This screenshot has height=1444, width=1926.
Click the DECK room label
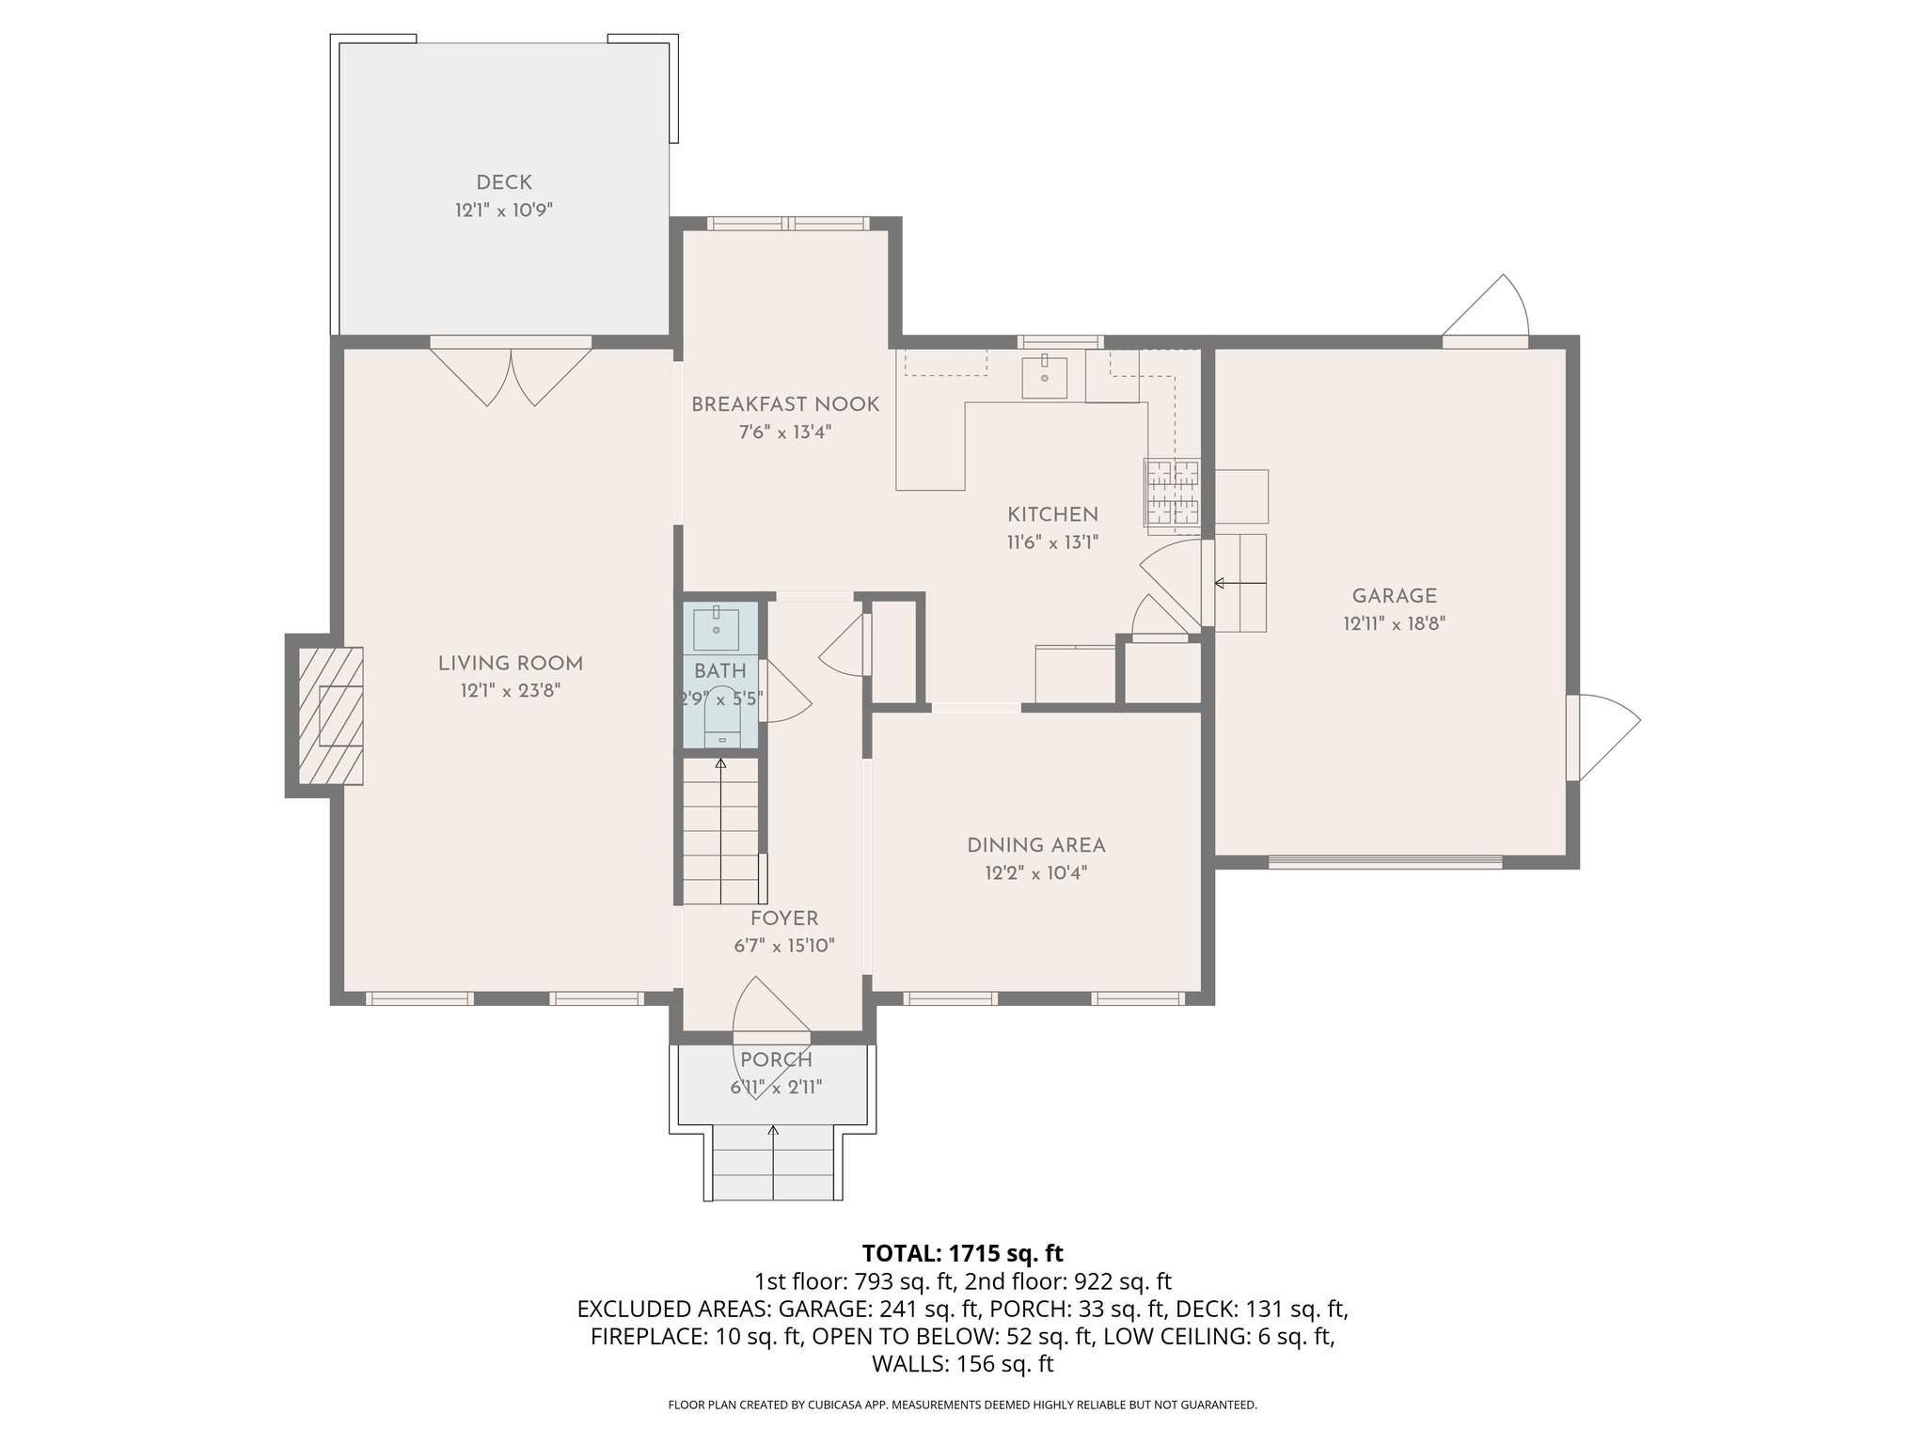point(504,182)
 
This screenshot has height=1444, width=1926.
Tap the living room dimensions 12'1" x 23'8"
point(511,691)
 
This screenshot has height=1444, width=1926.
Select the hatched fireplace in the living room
point(331,715)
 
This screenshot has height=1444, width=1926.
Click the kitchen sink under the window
point(1044,376)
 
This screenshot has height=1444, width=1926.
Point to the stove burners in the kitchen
point(1173,492)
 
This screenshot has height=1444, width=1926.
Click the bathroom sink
point(717,628)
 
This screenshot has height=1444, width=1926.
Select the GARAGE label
point(1394,595)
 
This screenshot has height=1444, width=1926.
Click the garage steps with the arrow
point(1240,583)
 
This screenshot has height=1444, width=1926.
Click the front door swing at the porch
point(766,1008)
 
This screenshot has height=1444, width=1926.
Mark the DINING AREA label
point(1035,845)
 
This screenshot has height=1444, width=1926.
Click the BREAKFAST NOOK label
point(785,404)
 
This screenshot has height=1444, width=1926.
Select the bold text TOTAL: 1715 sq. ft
point(962,1253)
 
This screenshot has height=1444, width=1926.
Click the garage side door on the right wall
point(1602,736)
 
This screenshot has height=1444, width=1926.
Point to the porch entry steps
point(774,1166)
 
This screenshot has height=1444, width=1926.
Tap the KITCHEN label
point(1052,514)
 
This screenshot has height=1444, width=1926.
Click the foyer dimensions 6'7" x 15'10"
point(784,946)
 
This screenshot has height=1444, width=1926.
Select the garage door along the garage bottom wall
point(1384,861)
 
